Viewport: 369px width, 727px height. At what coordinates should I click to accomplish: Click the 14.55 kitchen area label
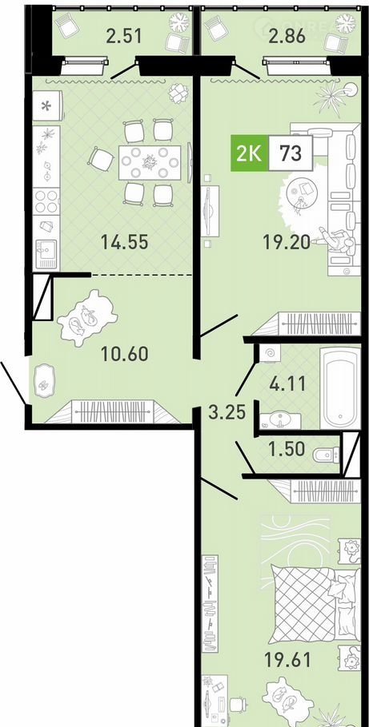coord(125,241)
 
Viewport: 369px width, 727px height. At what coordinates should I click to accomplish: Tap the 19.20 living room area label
coord(287,241)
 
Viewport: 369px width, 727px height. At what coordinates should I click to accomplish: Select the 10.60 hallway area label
coord(125,354)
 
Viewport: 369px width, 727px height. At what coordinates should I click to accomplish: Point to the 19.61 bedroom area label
coord(287,658)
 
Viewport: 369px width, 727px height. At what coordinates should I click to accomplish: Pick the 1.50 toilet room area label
coord(287,448)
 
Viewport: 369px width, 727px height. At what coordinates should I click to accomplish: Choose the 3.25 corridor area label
coord(227,411)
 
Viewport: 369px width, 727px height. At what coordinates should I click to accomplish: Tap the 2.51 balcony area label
coord(124,36)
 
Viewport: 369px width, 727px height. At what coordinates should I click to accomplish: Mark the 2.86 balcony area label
coord(287,36)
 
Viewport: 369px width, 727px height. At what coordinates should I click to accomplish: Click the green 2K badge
coord(249,153)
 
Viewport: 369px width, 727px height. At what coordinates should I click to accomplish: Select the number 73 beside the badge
coord(290,153)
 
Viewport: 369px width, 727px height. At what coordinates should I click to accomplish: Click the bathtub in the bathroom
coord(339,388)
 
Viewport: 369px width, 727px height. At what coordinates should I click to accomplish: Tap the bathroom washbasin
coord(280,420)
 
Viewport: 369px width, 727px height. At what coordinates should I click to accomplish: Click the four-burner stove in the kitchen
coord(46,201)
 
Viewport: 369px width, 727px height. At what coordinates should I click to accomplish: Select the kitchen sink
coord(46,254)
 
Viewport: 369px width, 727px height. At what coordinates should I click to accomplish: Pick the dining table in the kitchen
coord(149,162)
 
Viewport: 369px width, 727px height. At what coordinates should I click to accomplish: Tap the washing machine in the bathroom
coord(271,355)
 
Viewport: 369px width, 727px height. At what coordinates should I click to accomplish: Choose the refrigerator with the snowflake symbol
coord(47,105)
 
